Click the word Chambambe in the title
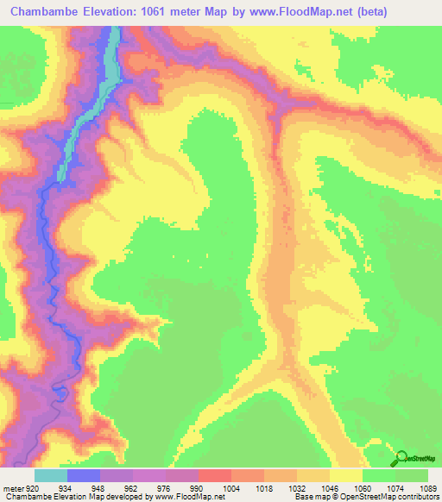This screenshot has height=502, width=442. [x=43, y=12]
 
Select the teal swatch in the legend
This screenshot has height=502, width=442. [x=51, y=475]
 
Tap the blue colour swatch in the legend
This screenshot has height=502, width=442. [x=84, y=475]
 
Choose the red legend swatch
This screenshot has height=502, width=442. [x=214, y=475]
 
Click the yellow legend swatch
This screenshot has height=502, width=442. [x=345, y=475]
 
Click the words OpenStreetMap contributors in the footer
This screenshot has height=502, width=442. [x=396, y=497]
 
